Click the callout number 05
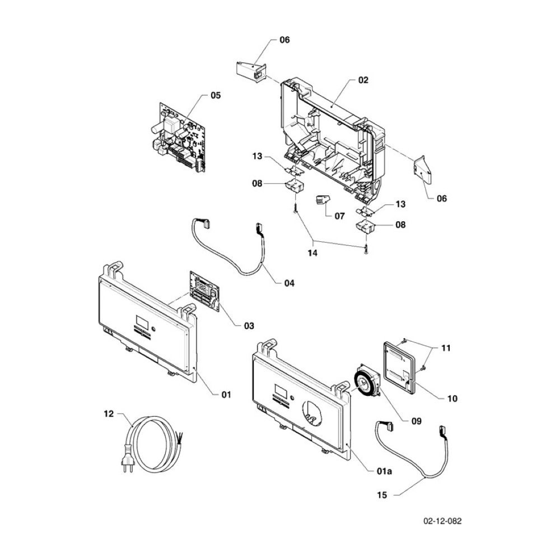(216, 95)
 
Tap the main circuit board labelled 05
(179, 138)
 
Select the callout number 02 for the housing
(363, 80)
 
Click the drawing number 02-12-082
(442, 521)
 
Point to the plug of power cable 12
(128, 458)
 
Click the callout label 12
(109, 414)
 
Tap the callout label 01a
(384, 471)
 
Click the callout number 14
(313, 253)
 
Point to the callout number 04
(290, 283)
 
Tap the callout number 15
(382, 495)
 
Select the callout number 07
(340, 216)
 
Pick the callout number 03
(249, 326)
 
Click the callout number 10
(452, 398)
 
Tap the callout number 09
(417, 422)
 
